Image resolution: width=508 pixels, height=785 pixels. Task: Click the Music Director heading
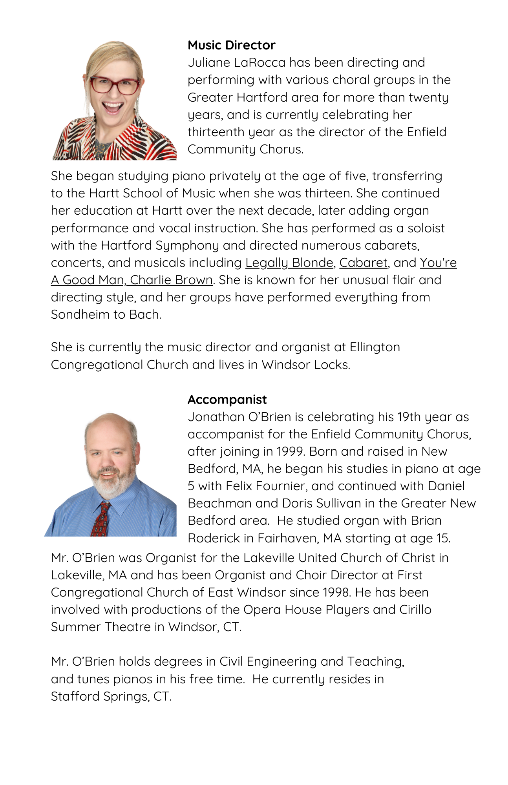[231, 45]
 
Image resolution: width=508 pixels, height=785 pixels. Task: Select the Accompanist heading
[227, 400]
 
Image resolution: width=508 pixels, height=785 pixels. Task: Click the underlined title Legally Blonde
[289, 263]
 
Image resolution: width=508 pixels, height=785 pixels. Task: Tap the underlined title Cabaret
[363, 263]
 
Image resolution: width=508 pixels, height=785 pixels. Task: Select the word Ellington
[375, 347]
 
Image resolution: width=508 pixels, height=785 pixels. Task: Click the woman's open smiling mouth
[113, 107]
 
